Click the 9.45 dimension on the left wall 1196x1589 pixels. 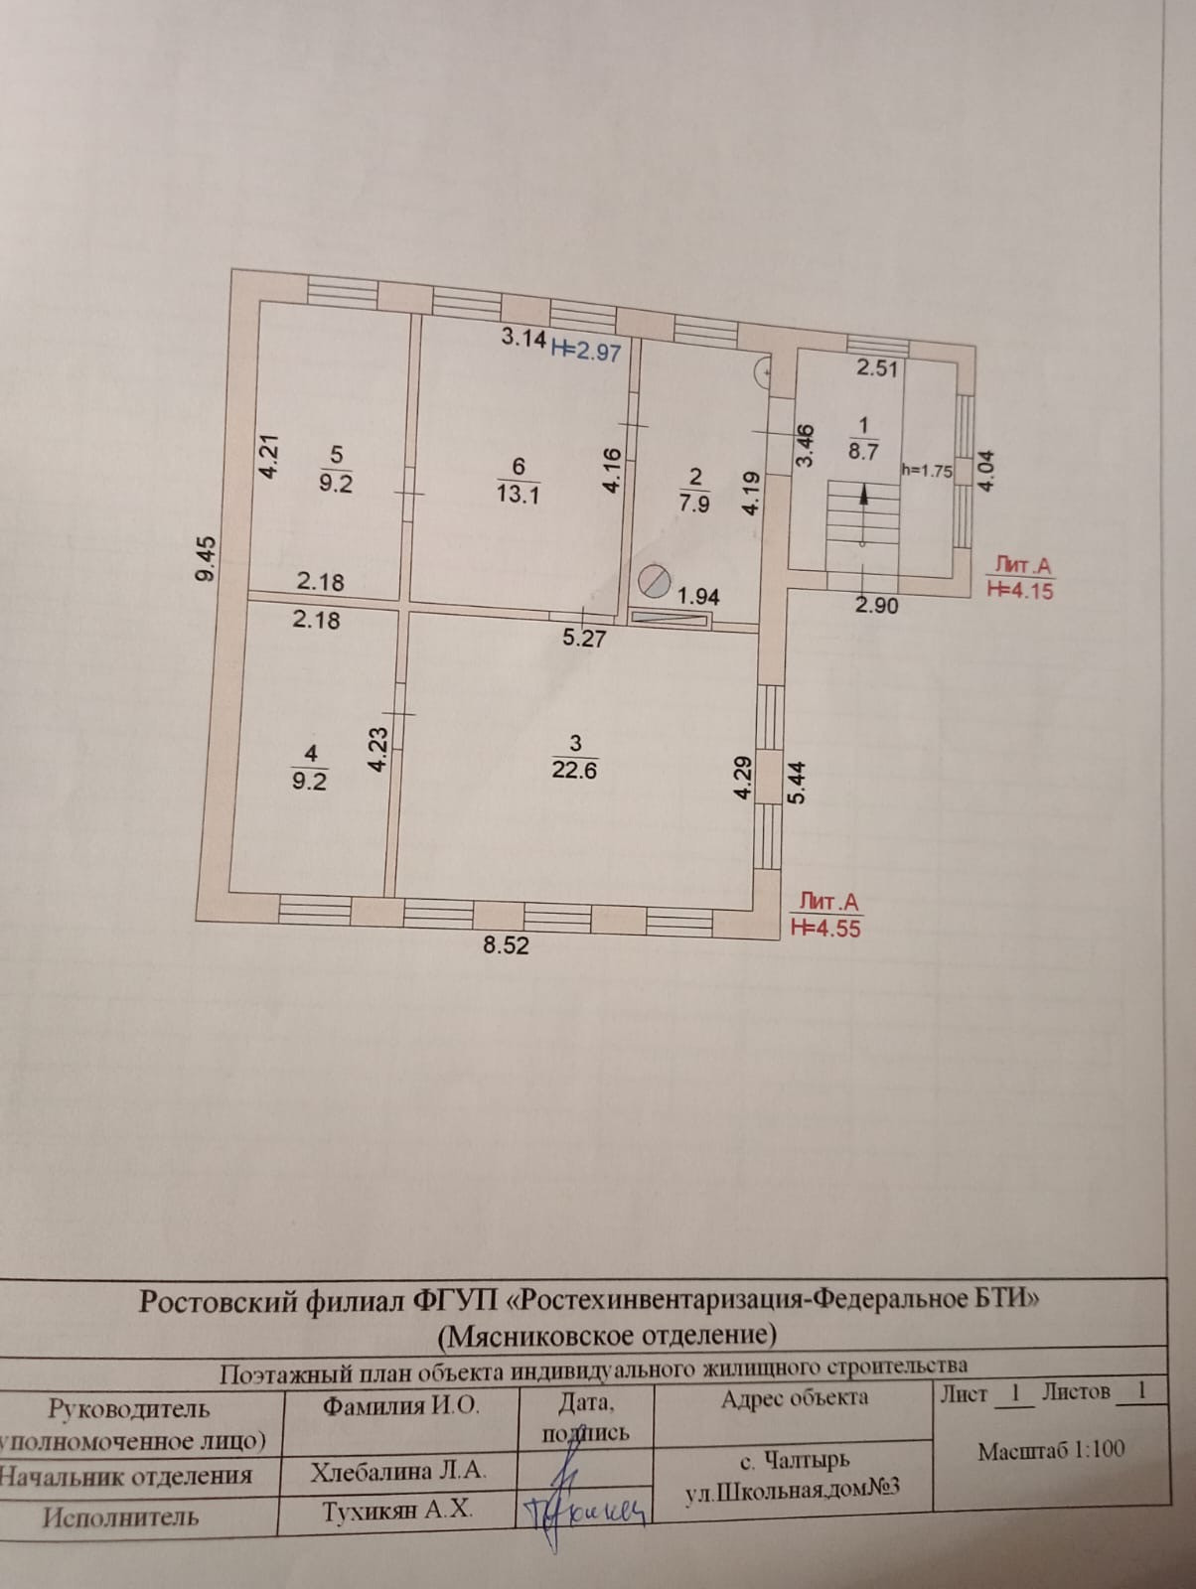tap(206, 558)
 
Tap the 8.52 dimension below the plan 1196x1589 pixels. tap(507, 945)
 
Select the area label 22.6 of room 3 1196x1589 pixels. tap(574, 770)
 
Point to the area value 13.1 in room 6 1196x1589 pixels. tap(518, 494)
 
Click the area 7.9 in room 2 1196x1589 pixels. tap(693, 504)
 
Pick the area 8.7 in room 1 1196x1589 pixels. tap(863, 451)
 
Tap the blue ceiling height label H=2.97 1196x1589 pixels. tap(586, 350)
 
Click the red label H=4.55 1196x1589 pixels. tap(825, 928)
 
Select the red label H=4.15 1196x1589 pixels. tap(1021, 590)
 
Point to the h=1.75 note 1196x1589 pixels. tap(927, 471)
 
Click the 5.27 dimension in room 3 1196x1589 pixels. tap(583, 639)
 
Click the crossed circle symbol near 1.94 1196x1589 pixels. tap(655, 579)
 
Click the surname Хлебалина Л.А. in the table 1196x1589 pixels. tap(398, 1472)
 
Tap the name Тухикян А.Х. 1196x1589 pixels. tap(397, 1512)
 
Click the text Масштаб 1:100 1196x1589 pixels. tap(1051, 1450)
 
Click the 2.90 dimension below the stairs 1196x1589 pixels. tap(877, 605)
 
